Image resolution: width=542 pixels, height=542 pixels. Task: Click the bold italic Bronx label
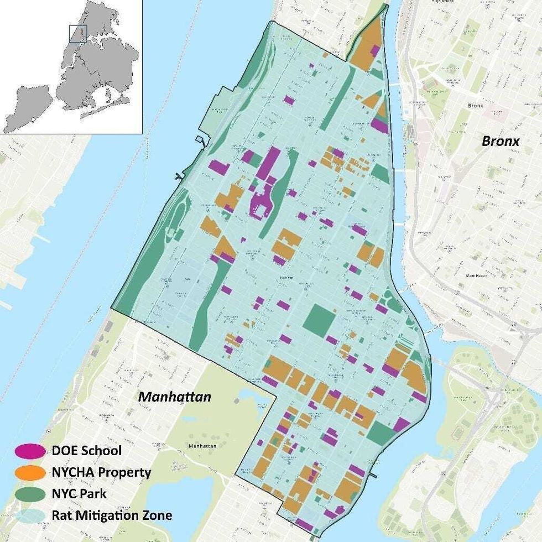501,141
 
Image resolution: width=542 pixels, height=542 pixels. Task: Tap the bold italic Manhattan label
174,397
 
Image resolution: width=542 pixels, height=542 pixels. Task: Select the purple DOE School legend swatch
30,451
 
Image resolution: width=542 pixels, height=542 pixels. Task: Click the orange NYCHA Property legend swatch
30,472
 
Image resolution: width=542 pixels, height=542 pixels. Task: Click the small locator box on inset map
78,34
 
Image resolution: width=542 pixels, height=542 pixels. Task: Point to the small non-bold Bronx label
475,105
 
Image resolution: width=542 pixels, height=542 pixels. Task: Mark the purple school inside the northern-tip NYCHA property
375,51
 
